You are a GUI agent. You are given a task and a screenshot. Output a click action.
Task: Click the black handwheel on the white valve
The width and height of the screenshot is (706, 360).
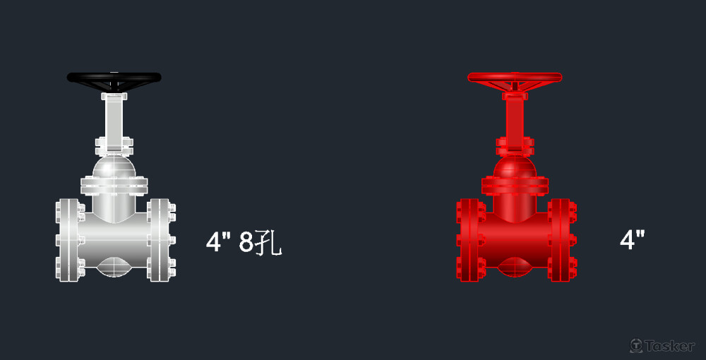coord(114,78)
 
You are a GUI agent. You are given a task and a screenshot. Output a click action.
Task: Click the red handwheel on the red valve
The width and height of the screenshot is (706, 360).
coord(515,78)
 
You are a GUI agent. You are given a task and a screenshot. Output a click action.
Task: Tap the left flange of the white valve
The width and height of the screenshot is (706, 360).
coord(70,240)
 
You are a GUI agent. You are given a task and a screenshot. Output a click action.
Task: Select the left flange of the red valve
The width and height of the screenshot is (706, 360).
coord(470,240)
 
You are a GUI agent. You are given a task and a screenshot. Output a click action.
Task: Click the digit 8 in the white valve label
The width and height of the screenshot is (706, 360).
coord(246,242)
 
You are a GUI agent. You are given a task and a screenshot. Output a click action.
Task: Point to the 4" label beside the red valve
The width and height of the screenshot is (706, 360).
coord(632,239)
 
